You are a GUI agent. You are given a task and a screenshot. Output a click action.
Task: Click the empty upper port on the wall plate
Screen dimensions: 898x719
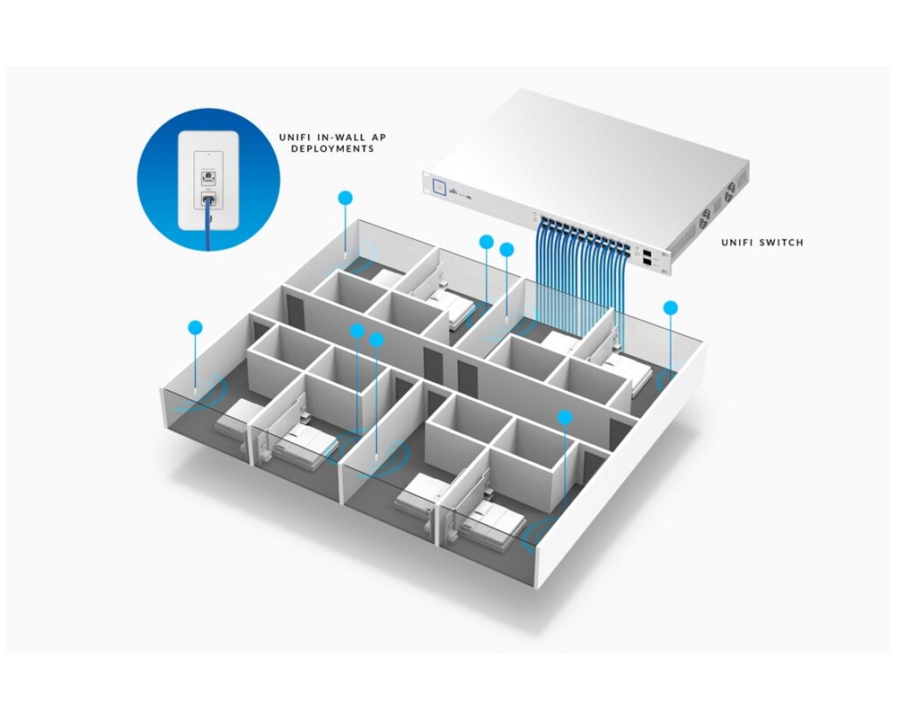208,177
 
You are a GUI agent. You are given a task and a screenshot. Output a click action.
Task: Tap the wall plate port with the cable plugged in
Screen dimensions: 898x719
208,199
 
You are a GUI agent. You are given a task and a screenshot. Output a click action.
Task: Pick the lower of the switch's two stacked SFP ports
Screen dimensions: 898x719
647,265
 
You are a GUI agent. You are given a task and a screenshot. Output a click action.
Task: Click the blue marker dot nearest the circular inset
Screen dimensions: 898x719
345,197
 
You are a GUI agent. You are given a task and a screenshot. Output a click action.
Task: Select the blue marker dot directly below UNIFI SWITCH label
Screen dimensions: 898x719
670,307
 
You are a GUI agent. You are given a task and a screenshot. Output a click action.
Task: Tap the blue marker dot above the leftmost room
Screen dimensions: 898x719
194,328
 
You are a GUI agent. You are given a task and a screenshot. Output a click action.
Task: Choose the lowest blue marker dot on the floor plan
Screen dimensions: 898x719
564,417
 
